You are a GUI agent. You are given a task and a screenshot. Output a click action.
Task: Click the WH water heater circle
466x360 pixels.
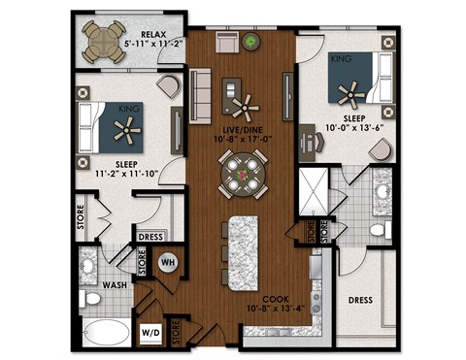pos(166,261)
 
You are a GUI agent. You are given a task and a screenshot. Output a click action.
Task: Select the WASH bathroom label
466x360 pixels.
pos(117,285)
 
